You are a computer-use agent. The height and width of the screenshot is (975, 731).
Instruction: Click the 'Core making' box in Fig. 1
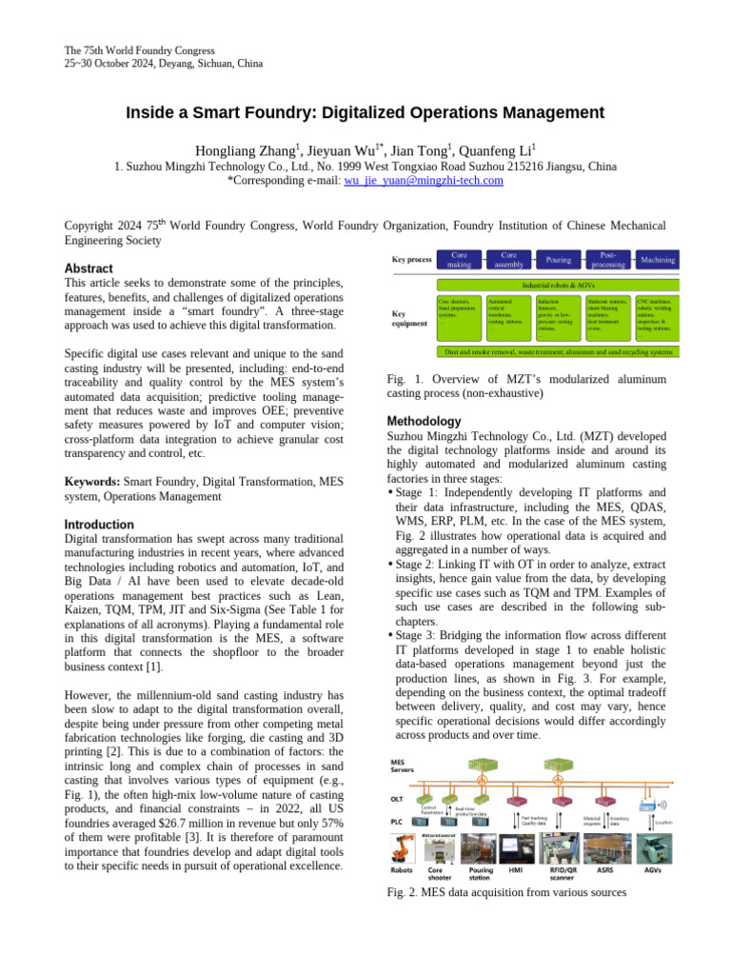click(x=459, y=259)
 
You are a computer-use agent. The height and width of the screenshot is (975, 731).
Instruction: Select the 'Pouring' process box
click(x=558, y=259)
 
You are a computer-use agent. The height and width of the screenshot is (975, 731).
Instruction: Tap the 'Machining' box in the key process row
click(x=658, y=259)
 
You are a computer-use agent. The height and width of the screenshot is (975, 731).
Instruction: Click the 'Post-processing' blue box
click(x=607, y=259)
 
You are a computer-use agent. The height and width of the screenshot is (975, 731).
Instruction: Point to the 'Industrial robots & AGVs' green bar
click(x=558, y=285)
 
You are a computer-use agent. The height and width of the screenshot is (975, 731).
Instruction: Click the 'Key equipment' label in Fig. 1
click(x=410, y=317)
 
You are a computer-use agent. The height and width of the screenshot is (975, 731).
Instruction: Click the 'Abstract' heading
click(x=88, y=269)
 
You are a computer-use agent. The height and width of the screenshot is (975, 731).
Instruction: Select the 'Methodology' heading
click(x=425, y=421)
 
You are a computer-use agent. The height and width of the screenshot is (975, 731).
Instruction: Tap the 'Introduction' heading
click(x=98, y=525)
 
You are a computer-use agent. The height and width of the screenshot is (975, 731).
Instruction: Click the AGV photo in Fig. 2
click(x=655, y=849)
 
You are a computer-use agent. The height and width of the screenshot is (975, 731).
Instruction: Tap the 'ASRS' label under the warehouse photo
click(x=604, y=869)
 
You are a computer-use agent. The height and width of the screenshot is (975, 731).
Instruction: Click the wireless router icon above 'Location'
click(x=648, y=806)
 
